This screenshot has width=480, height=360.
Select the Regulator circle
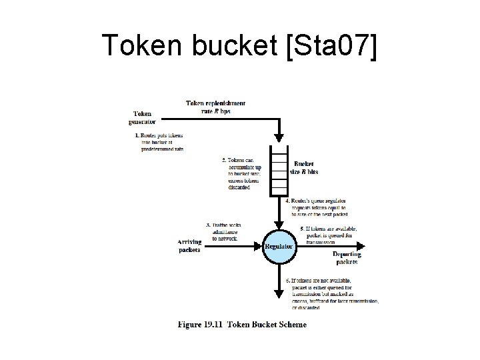click(279, 246)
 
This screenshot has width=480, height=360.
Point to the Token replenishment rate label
click(215, 107)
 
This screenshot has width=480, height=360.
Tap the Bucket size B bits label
click(304, 167)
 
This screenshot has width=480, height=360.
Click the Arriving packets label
click(190, 245)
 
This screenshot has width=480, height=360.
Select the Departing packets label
click(346, 258)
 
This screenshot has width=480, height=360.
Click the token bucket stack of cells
click(278, 171)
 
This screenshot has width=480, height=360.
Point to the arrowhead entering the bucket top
click(278, 141)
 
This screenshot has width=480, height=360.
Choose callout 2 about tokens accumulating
click(245, 173)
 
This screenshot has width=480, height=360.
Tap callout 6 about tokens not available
click(331, 294)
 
